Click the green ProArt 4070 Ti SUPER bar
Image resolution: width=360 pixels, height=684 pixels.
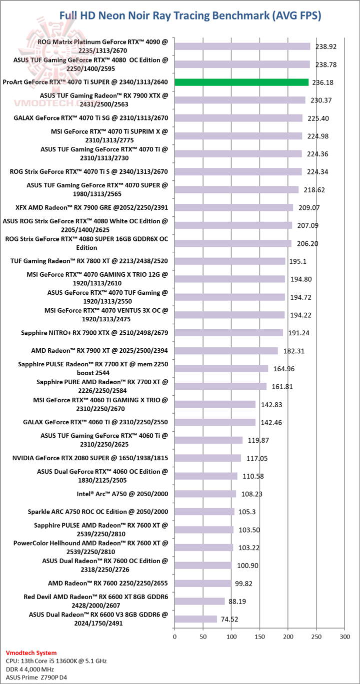point(241,82)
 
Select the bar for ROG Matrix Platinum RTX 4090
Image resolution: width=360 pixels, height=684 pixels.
point(242,46)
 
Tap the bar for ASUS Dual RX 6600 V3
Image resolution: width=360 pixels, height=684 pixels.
point(195,619)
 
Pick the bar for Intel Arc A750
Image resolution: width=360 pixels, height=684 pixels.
point(205,494)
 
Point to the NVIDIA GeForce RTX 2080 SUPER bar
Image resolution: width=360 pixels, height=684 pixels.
point(207,458)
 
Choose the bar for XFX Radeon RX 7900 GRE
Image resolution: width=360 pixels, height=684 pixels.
point(233,207)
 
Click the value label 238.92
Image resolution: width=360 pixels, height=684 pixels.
point(325,46)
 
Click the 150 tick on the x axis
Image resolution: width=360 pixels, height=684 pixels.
point(259,637)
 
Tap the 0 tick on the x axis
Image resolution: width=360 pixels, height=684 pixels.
point(174,637)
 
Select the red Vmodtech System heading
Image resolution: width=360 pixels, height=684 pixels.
point(31,653)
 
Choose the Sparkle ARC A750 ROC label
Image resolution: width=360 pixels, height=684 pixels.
point(98,512)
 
